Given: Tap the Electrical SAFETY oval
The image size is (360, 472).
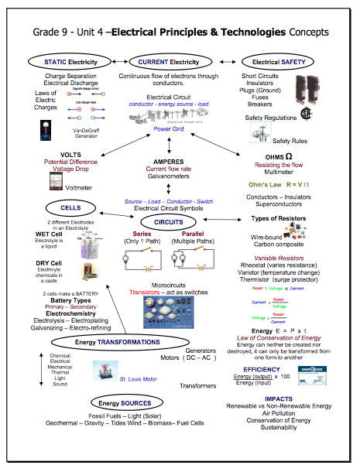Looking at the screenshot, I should (x=272, y=61).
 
